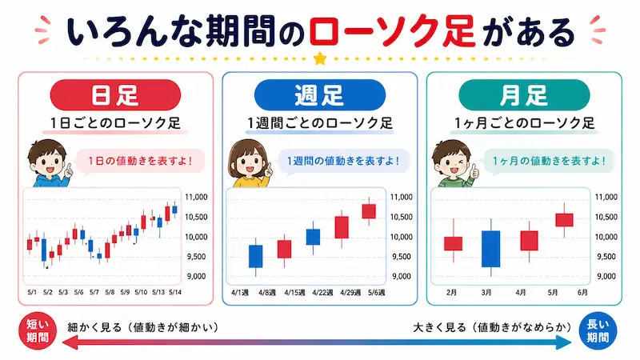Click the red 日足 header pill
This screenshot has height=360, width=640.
pyautogui.click(x=115, y=94)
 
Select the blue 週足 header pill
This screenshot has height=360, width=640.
pyautogui.click(x=319, y=94)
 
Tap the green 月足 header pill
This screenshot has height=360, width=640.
pyautogui.click(x=524, y=94)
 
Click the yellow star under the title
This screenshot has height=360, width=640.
pyautogui.click(x=320, y=58)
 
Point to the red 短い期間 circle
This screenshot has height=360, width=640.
pyautogui.click(x=38, y=331)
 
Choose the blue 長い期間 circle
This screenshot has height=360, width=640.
pyautogui.click(x=598, y=331)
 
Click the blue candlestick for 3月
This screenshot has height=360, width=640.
pyautogui.click(x=490, y=249)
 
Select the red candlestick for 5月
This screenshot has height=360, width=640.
pyautogui.click(x=565, y=220)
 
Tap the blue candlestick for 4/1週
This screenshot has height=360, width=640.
pyautogui.click(x=255, y=256)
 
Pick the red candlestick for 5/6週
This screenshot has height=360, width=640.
pyautogui.click(x=369, y=211)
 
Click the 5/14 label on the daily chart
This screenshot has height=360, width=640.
pyautogui.click(x=175, y=292)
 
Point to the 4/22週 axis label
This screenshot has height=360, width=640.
pyautogui.click(x=322, y=293)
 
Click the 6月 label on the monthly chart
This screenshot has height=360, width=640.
pyautogui.click(x=582, y=293)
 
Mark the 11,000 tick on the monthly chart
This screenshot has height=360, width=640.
pyautogui.click(x=606, y=197)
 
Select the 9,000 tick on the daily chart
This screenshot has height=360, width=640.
pyautogui.click(x=196, y=276)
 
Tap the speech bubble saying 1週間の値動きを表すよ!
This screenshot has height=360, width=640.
pyautogui.click(x=344, y=162)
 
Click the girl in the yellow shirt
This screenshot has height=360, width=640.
pyautogui.click(x=249, y=163)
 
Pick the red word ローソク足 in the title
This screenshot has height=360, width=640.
pyautogui.click(x=392, y=31)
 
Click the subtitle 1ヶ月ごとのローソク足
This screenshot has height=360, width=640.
pyautogui.click(x=525, y=123)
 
